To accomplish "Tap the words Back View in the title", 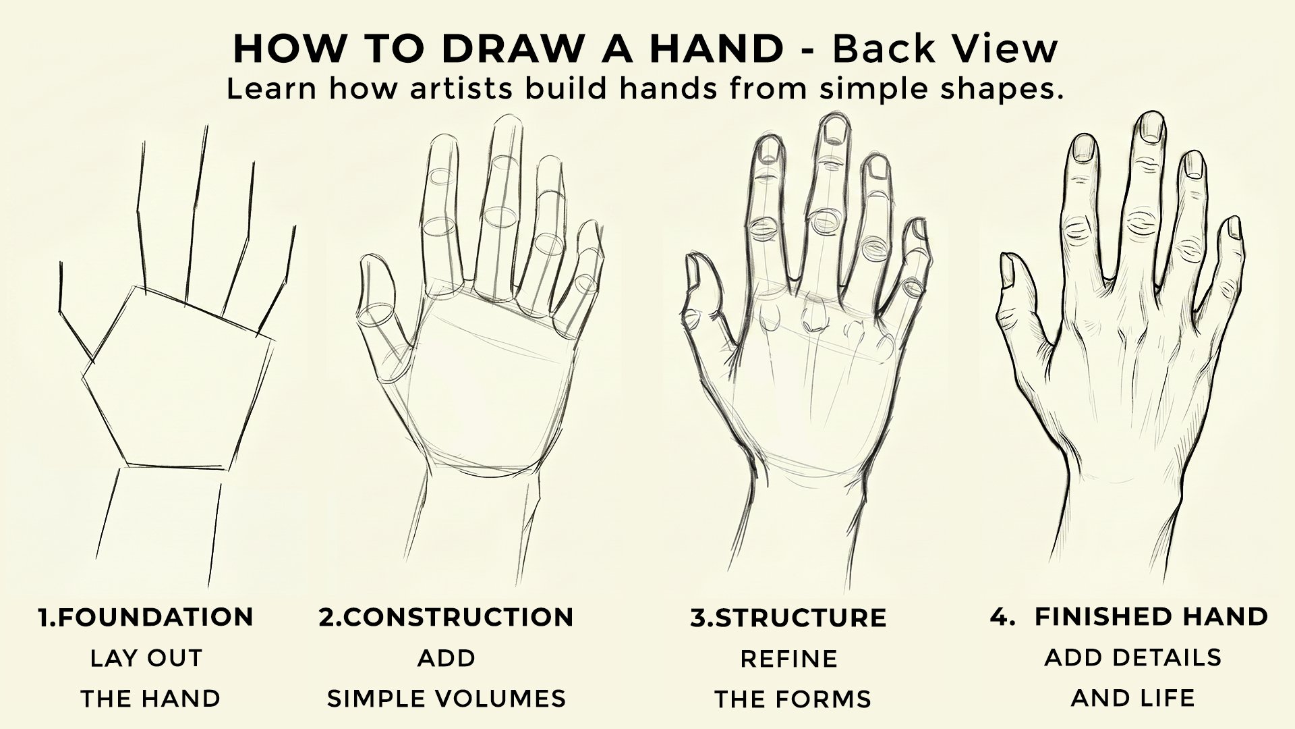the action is pos(945,49).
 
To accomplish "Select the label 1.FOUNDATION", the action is pos(146,617).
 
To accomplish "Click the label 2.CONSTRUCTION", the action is pos(447,617).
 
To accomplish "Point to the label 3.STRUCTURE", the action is pos(788,618).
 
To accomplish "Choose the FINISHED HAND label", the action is pos(1151,616).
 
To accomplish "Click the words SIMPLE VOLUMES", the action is pos(447,699).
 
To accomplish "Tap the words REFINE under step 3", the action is pos(789,659).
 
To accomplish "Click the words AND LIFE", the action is pos(1132,697).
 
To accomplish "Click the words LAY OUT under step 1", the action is pos(146,658).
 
